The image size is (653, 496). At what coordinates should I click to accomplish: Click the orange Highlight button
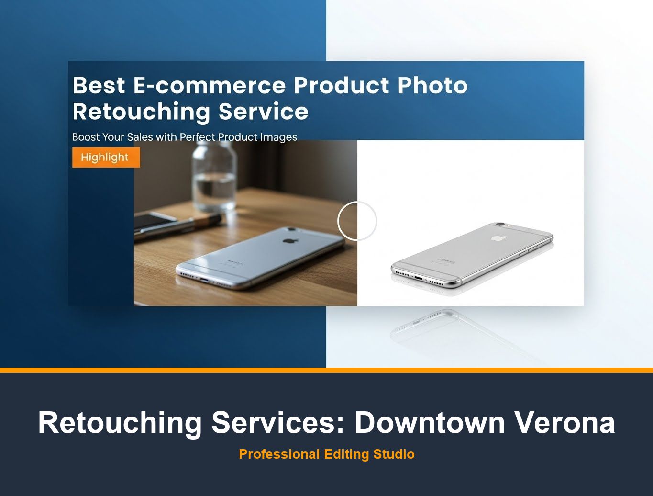106,158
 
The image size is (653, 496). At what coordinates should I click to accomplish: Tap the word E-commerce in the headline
209,86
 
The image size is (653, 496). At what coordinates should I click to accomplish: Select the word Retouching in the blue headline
141,112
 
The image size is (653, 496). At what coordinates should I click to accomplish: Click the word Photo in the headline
432,86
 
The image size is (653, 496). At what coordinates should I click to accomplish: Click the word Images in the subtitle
278,137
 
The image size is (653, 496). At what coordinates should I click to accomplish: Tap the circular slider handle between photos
357,221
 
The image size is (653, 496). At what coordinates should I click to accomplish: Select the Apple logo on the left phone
288,239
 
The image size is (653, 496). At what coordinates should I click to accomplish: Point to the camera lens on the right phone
500,224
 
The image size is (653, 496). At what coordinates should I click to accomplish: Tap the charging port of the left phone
204,279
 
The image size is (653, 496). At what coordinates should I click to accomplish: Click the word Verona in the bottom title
564,422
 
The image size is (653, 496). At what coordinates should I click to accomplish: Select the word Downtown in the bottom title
429,422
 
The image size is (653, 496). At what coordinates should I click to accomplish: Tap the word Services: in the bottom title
278,422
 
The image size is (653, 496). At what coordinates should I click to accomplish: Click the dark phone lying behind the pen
153,220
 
